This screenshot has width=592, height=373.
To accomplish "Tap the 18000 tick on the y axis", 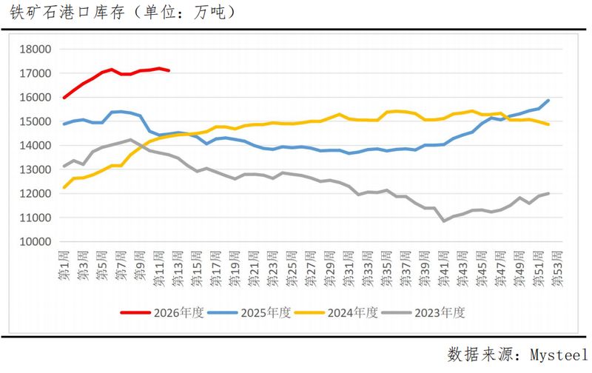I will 35,50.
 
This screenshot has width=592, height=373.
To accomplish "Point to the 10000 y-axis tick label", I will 35,242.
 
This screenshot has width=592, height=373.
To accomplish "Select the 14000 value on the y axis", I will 35,146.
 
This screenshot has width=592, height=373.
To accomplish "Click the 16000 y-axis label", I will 35,98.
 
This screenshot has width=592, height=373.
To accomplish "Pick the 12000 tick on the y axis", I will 35,194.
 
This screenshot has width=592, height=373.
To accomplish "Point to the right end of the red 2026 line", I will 169,70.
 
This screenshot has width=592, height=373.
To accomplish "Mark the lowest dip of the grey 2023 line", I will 444,221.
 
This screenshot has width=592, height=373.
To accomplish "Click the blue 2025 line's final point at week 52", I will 548,100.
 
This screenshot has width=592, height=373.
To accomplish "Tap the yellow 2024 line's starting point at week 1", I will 64,187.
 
